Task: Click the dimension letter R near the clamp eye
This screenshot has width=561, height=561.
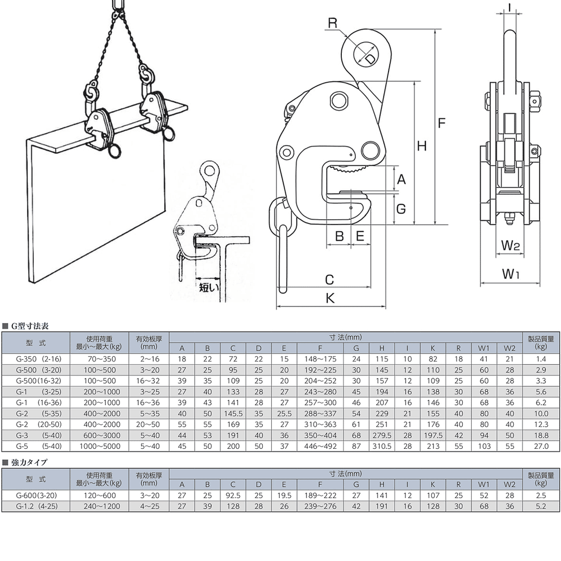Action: tap(332, 23)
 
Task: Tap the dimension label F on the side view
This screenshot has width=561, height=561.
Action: tap(442, 123)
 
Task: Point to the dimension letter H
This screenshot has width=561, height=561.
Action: tap(422, 146)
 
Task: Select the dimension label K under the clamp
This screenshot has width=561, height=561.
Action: tap(330, 298)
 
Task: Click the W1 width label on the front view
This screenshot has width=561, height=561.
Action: tap(511, 274)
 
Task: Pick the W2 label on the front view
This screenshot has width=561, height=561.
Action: tap(510, 245)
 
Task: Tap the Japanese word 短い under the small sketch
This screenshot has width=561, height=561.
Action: tap(209, 287)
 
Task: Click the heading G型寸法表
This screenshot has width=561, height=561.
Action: tap(30, 326)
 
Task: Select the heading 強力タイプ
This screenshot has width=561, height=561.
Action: tap(29, 462)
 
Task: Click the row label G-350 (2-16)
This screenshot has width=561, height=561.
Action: tap(38, 359)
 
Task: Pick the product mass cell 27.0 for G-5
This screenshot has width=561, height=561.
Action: tap(541, 446)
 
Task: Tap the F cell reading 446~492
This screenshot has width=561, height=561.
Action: tap(320, 446)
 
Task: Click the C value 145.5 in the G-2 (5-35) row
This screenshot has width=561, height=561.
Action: tap(233, 413)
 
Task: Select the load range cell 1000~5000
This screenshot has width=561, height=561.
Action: tap(100, 446)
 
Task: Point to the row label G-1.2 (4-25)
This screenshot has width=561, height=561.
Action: tap(36, 506)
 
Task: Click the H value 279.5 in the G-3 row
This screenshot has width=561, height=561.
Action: tap(382, 435)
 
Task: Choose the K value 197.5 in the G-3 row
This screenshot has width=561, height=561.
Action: tap(433, 435)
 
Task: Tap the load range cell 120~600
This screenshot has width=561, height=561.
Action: tap(100, 496)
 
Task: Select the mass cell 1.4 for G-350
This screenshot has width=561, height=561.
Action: tap(541, 359)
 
